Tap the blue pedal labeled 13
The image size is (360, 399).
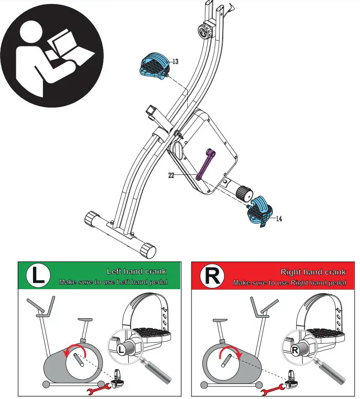coord(154,66)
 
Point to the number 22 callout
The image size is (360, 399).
coord(171,176)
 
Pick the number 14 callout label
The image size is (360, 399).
coord(279,219)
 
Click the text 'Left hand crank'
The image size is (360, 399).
coord(136,272)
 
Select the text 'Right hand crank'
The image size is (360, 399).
coord(313,272)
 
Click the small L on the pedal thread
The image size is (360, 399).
coord(121,349)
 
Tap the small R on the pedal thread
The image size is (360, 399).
coord(295,349)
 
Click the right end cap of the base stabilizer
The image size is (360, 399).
coord(148,250)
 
